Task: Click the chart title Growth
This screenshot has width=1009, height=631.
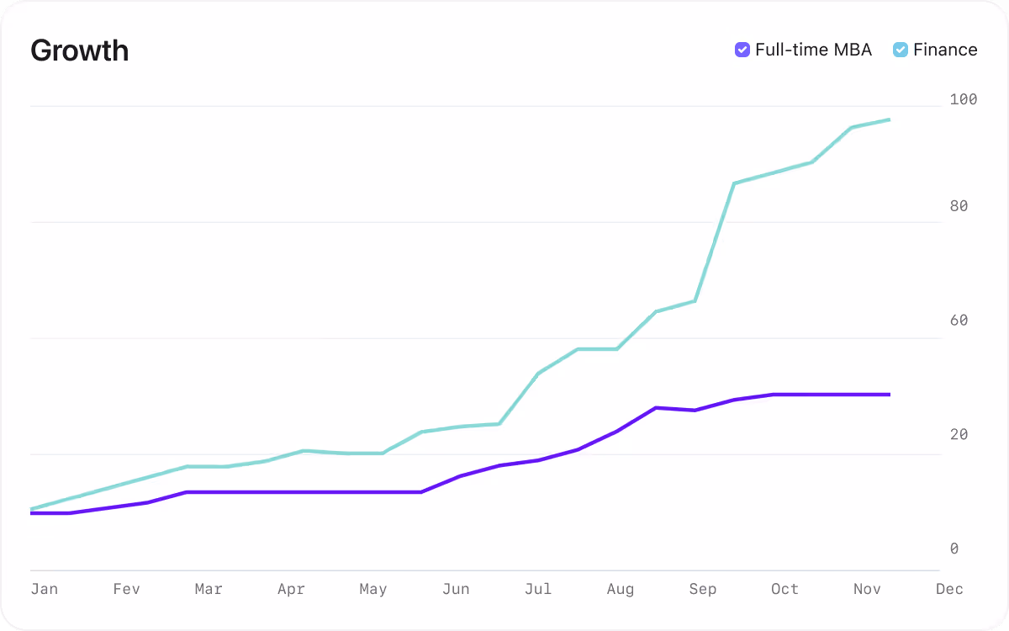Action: click(x=79, y=50)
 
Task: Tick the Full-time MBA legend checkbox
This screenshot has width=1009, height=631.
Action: click(x=742, y=50)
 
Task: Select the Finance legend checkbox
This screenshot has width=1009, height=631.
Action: click(x=900, y=50)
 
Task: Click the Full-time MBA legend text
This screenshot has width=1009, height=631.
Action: click(x=813, y=50)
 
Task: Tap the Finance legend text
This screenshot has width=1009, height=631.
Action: click(x=945, y=50)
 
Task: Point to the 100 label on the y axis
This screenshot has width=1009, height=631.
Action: click(x=963, y=99)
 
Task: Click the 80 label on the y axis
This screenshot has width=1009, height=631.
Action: click(x=959, y=206)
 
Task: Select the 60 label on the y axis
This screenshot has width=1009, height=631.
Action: click(x=959, y=321)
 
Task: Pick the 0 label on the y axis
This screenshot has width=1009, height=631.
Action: click(x=954, y=549)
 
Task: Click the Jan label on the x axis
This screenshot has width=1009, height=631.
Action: click(x=45, y=589)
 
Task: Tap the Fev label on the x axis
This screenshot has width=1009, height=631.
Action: click(x=126, y=589)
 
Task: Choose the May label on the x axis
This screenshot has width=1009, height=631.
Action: click(x=373, y=589)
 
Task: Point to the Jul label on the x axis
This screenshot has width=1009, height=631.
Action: click(x=538, y=589)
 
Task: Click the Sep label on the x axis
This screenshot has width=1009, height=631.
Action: click(x=703, y=589)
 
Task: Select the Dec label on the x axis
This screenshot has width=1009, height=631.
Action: click(x=949, y=589)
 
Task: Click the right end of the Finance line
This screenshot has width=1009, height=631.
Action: click(x=890, y=119)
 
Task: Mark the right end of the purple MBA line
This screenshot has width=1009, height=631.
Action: click(x=890, y=394)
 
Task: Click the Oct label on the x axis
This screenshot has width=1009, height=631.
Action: click(x=784, y=589)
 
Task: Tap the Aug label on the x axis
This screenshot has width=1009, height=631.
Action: click(x=621, y=589)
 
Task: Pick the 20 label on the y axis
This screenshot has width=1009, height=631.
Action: click(x=959, y=435)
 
